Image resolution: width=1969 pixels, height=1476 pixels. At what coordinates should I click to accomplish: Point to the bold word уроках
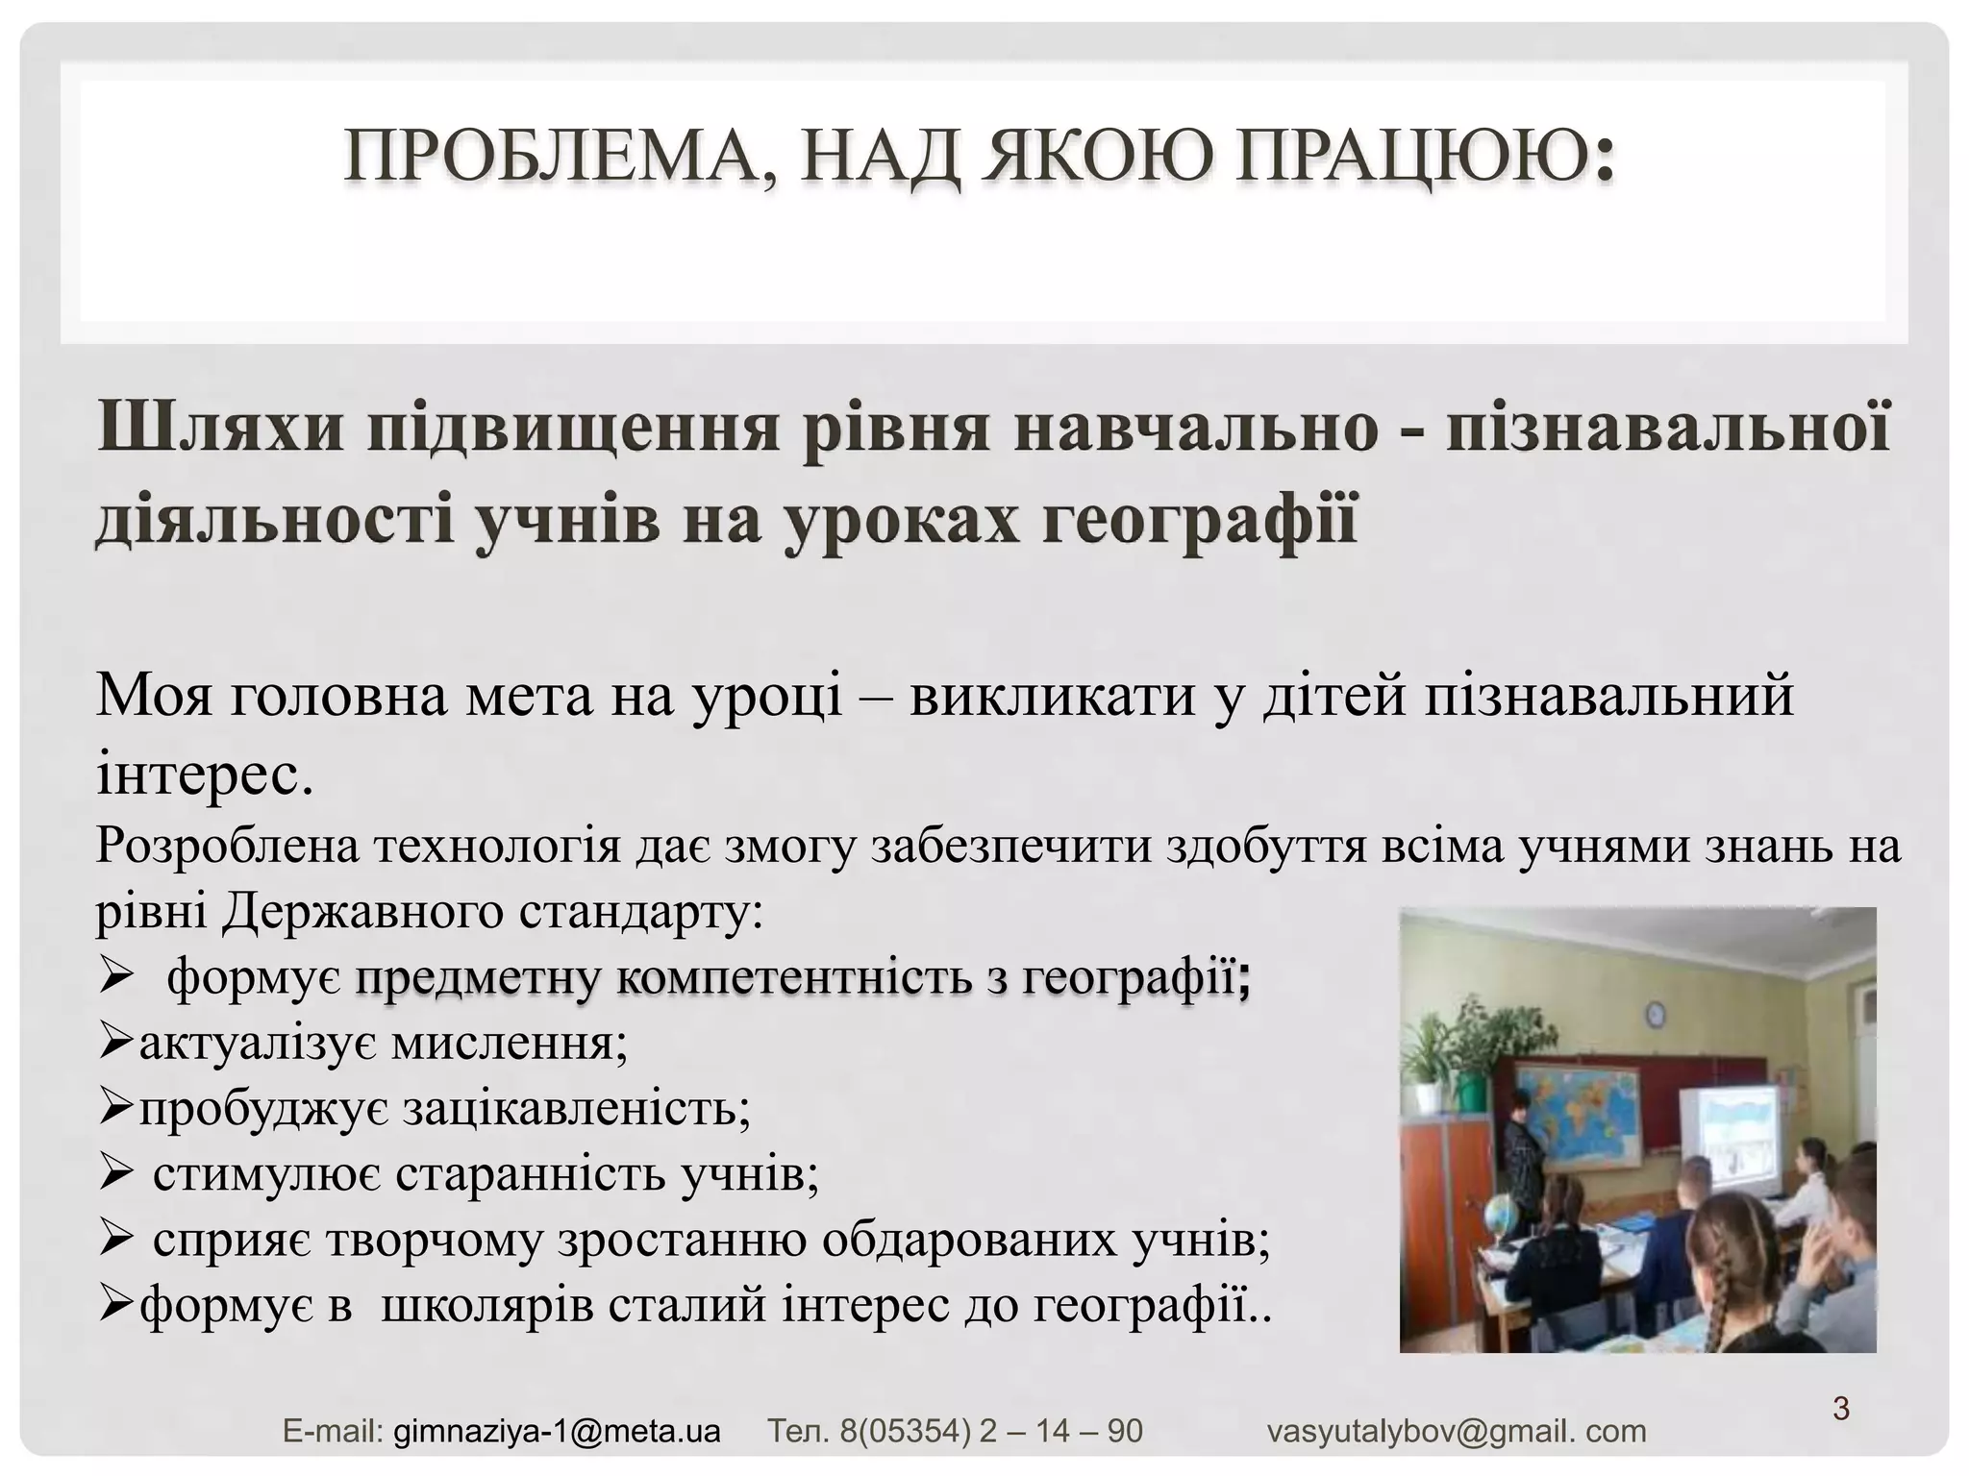pos(900,520)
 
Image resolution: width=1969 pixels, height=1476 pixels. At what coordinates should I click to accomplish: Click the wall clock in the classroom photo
pos(1656,1013)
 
